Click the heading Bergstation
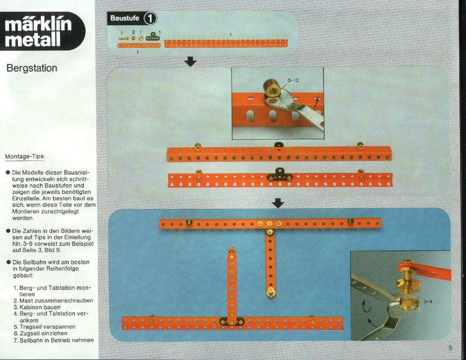pyautogui.click(x=32, y=68)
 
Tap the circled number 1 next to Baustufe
pyautogui.click(x=150, y=19)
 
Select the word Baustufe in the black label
pyautogui.click(x=125, y=18)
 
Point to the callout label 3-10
pyautogui.click(x=293, y=80)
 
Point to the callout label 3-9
pyautogui.click(x=428, y=302)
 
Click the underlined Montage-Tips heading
pyautogui.click(x=25, y=157)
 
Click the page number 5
pyautogui.click(x=450, y=347)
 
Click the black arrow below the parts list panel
pyautogui.click(x=190, y=62)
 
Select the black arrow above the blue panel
pyautogui.click(x=278, y=203)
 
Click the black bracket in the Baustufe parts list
pyautogui.click(x=153, y=37)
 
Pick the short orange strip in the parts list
pyautogui.click(x=139, y=46)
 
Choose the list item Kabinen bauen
pyautogui.click(x=40, y=307)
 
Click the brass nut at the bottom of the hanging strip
pyautogui.click(x=270, y=292)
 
